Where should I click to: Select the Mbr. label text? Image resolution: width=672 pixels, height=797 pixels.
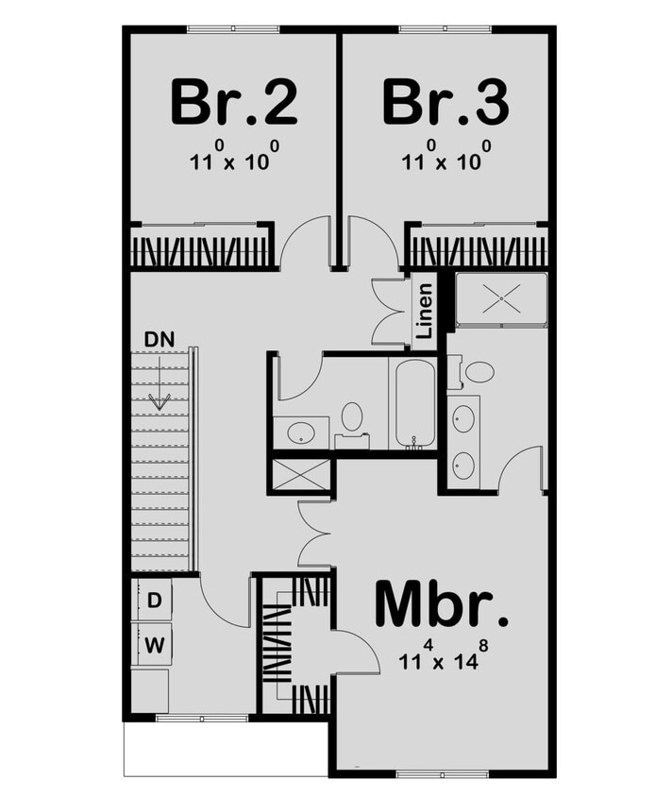(x=442, y=603)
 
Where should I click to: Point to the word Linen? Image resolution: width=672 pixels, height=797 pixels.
(x=425, y=312)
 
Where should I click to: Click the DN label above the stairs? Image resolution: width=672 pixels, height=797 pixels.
(x=159, y=338)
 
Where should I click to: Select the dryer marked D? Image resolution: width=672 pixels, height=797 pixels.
(x=155, y=600)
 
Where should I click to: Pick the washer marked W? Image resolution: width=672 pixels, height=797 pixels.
(x=154, y=646)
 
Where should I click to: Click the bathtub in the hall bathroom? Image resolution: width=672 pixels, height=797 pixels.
(x=414, y=402)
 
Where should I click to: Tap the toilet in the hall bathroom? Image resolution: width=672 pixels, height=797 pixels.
(x=352, y=417)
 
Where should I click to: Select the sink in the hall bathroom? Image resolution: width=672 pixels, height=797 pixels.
(x=301, y=433)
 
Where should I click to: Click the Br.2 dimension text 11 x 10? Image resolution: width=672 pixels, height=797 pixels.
(x=233, y=159)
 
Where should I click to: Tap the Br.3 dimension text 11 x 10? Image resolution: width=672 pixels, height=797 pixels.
(x=445, y=159)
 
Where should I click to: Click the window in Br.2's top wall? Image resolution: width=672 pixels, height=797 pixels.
(x=233, y=29)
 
